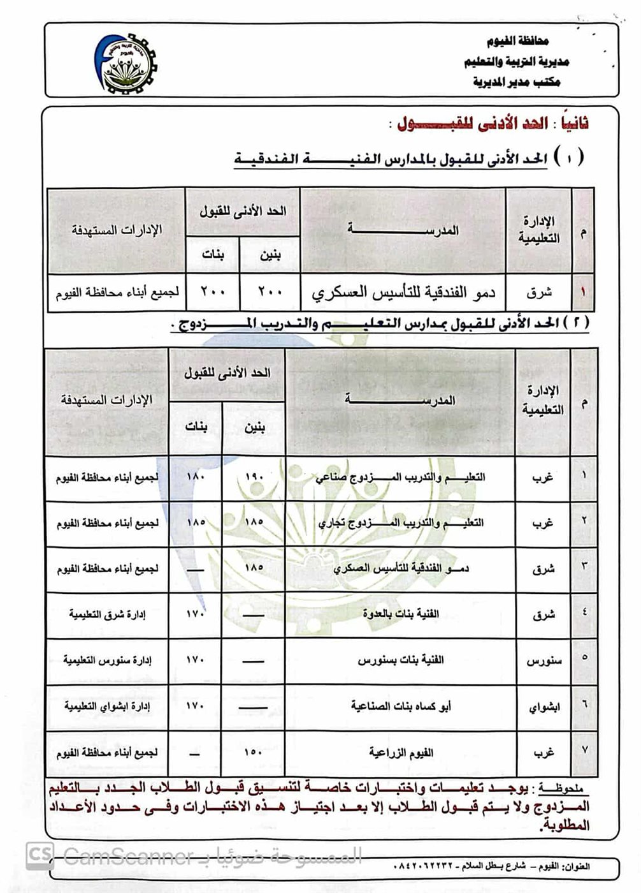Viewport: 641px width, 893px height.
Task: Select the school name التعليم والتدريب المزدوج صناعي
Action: click(x=400, y=478)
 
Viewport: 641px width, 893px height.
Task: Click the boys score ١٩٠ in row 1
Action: click(x=254, y=478)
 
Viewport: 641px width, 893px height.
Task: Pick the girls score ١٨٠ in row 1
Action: click(x=196, y=476)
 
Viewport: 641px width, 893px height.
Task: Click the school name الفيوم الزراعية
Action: click(x=401, y=753)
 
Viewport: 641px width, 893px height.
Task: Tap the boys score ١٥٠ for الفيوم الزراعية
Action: click(x=254, y=753)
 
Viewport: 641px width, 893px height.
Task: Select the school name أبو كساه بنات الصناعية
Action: click(x=401, y=706)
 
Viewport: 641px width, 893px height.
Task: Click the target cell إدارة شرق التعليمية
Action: click(x=107, y=614)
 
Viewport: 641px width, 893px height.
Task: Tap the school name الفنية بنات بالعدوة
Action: click(x=401, y=614)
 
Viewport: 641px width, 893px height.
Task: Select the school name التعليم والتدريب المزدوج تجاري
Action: click(x=400, y=523)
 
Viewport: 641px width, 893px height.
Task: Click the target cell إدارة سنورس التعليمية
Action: click(x=107, y=660)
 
